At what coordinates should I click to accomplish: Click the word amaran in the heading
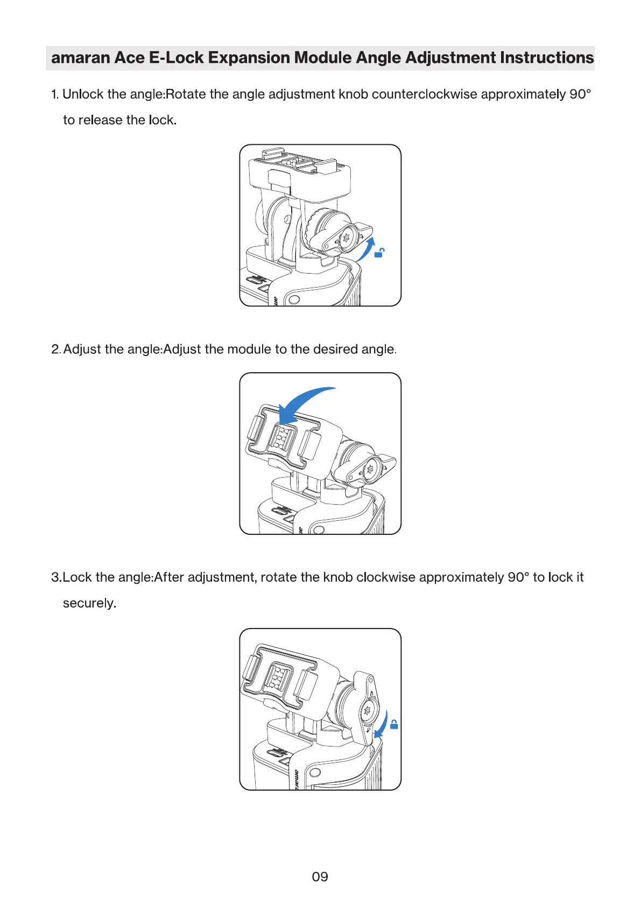[80, 58]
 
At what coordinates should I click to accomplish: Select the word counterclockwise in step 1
[424, 94]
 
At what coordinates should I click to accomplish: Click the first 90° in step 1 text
[580, 94]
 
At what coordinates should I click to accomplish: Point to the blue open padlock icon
[379, 252]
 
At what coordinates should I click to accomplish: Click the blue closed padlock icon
[394, 724]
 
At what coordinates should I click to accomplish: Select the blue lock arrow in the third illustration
[382, 724]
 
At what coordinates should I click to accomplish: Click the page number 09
[320, 877]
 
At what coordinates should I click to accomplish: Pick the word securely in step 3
[89, 603]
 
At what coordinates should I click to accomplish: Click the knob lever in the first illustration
[347, 237]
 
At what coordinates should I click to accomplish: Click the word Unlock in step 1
[83, 94]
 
